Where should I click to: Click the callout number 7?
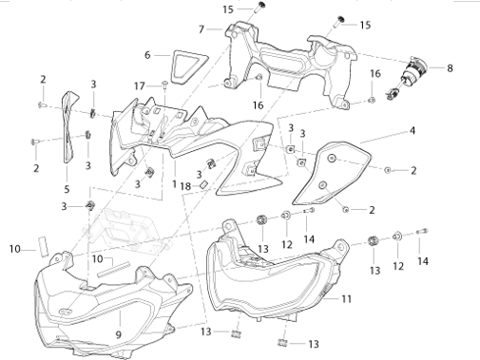click(x=202, y=29)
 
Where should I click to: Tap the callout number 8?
click(x=450, y=68)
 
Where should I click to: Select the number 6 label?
click(x=147, y=55)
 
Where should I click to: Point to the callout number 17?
click(x=140, y=86)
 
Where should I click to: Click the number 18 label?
click(x=185, y=186)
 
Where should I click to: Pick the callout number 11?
click(x=347, y=298)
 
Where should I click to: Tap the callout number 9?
click(x=119, y=334)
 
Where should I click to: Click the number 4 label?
click(x=413, y=130)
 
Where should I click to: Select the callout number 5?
click(x=67, y=189)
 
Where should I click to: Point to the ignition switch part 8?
click(x=407, y=78)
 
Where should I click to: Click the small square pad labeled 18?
click(x=203, y=184)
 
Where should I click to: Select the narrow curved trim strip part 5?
click(x=67, y=126)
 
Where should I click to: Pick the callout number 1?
click(x=174, y=183)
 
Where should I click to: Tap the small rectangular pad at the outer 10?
click(x=44, y=246)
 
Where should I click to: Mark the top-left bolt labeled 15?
click(x=259, y=8)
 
